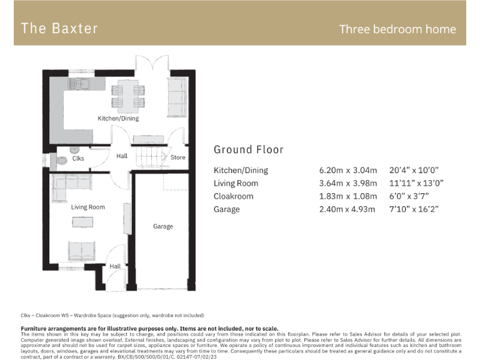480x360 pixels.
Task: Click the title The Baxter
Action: [x=59, y=28]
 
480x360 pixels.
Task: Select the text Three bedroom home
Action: [x=397, y=29]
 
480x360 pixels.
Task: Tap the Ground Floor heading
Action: [x=248, y=149]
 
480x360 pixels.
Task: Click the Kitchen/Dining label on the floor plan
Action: [x=118, y=118]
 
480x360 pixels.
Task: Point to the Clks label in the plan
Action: [x=78, y=158]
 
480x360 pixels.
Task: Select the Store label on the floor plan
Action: [x=178, y=157]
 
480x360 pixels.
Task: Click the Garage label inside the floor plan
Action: [x=163, y=226]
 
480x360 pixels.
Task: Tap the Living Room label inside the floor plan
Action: [x=88, y=207]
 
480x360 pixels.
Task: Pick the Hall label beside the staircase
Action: [x=122, y=156]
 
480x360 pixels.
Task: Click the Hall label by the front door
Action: [x=115, y=266]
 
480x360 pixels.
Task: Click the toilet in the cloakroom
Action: [x=61, y=161]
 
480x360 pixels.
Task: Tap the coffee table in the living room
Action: [x=82, y=222]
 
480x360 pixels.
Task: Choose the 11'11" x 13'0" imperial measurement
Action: [x=414, y=183]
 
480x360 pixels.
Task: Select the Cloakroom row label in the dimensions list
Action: [x=233, y=196]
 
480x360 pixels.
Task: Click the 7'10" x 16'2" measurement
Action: [x=414, y=209]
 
